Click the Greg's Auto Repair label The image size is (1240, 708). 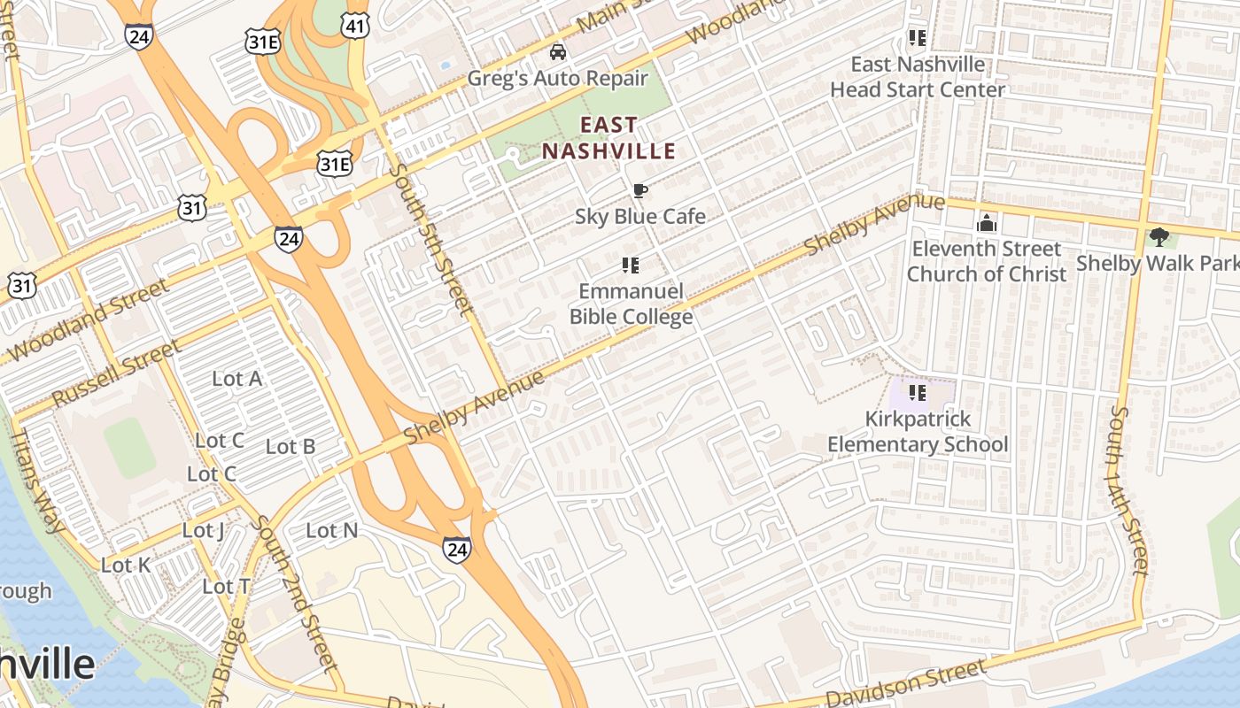click(x=557, y=78)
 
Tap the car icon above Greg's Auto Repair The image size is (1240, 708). click(x=558, y=52)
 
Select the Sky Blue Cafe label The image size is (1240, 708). click(x=640, y=216)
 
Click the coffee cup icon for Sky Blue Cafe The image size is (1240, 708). click(x=639, y=190)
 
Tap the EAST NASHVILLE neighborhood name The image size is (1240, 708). click(x=608, y=138)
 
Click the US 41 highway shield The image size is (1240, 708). click(x=354, y=27)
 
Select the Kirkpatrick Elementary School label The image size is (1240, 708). click(x=918, y=431)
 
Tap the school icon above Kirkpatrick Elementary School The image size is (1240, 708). click(x=918, y=392)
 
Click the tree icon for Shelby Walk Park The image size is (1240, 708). click(x=1159, y=237)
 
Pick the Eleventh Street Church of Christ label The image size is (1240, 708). click(x=986, y=261)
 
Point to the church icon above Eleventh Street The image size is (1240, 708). click(x=986, y=224)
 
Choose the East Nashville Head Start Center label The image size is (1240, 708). click(x=918, y=77)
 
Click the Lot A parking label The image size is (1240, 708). click(x=236, y=379)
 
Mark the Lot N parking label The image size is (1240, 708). click(x=331, y=530)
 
